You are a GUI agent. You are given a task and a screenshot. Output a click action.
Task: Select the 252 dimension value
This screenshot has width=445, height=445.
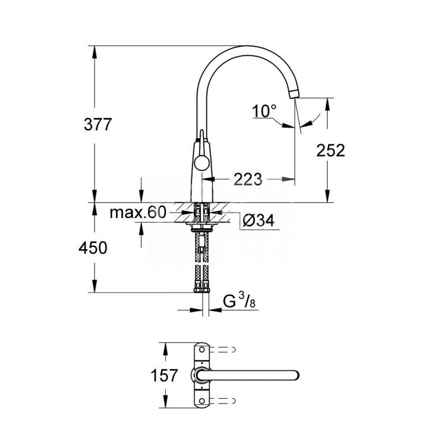tap(330, 150)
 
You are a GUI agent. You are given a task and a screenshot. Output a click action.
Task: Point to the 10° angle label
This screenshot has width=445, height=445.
tap(264, 111)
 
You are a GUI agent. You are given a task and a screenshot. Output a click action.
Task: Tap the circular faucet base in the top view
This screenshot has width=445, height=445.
tap(200, 374)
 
